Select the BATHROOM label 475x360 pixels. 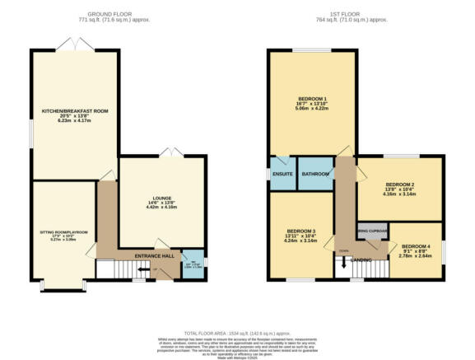pyautogui.click(x=314, y=174)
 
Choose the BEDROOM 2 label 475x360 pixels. pyautogui.click(x=399, y=185)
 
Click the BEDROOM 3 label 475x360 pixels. pyautogui.click(x=301, y=231)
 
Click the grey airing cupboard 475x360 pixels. pyautogui.click(x=372, y=231)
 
